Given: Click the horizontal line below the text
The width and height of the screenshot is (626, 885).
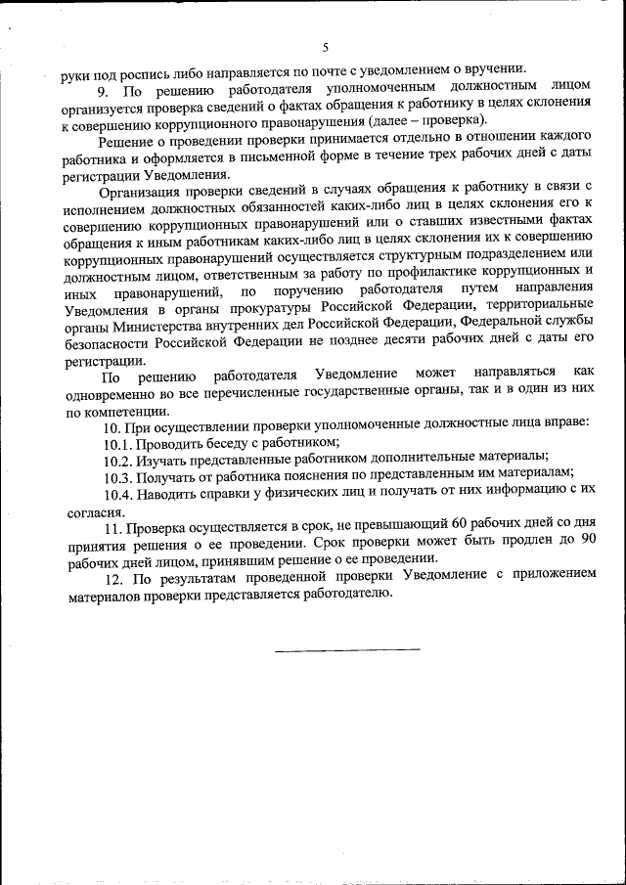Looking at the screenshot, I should pyautogui.click(x=346, y=648).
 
